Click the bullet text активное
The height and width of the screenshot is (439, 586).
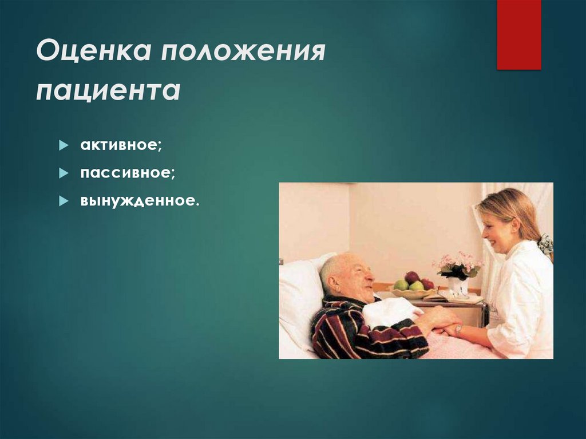121,145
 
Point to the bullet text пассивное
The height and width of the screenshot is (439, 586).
128,173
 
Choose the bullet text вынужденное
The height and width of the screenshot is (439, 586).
140,201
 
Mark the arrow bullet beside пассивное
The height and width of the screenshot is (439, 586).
64,173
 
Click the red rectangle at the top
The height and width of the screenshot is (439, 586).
518,34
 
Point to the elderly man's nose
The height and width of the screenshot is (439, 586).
372,279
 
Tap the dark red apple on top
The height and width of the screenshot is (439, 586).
412,277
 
